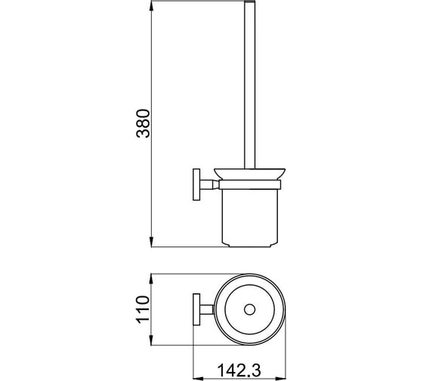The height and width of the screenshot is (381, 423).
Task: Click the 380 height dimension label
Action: pos(143,123)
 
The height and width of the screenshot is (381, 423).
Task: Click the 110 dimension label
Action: pos(143,309)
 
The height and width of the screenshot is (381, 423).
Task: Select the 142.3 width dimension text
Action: pos(239,370)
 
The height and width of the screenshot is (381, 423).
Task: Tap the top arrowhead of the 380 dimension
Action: pos(152,6)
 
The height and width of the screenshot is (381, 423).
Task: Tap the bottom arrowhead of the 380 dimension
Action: pos(152,241)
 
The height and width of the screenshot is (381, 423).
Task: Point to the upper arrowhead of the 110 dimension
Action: pos(152,279)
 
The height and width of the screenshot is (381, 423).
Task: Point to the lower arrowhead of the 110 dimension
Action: pos(152,339)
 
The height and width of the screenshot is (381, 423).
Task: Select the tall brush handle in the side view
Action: pos(249,85)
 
